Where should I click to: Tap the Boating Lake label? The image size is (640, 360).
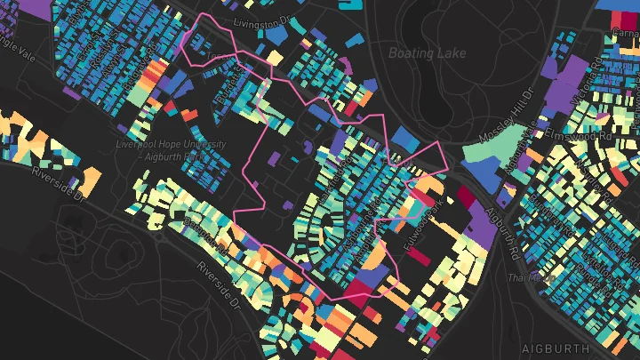tap(427, 53)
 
